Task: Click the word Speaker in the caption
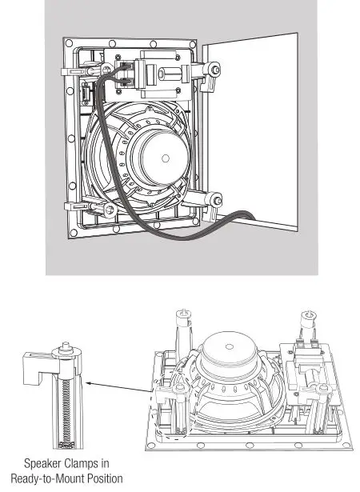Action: coord(42,462)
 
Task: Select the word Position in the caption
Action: coord(110,478)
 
